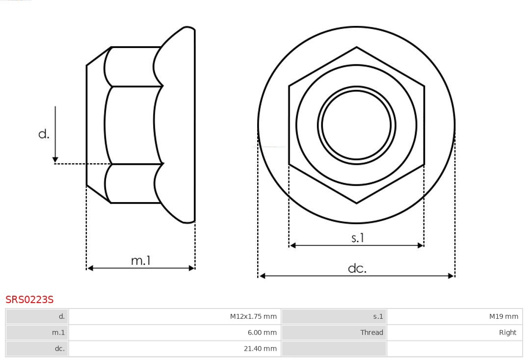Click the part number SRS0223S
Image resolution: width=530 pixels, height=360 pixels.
[29, 299]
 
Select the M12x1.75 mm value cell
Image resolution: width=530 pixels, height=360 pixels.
[253, 317]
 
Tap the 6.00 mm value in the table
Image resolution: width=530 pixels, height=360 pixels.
[262, 333]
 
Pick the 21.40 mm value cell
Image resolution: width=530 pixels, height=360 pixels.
[260, 349]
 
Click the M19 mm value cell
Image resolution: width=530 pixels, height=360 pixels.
[503, 317]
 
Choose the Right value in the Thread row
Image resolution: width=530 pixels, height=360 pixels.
[507, 333]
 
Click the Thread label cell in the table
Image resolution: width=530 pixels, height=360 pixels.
[371, 333]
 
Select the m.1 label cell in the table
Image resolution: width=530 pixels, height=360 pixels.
[58, 333]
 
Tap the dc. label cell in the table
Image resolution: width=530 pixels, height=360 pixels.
[59, 349]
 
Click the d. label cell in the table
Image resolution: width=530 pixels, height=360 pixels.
[61, 317]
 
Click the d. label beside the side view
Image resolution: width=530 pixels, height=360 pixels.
[44, 134]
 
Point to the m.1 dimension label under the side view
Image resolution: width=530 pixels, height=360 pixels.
[141, 260]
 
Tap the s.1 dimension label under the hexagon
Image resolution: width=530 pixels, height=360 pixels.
[358, 238]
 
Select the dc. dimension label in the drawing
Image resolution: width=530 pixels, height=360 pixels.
[357, 268]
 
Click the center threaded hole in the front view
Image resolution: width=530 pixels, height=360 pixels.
[356, 125]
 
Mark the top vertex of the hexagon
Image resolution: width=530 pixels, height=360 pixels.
[356, 47]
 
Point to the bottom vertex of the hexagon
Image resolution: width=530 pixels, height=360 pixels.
[356, 203]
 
